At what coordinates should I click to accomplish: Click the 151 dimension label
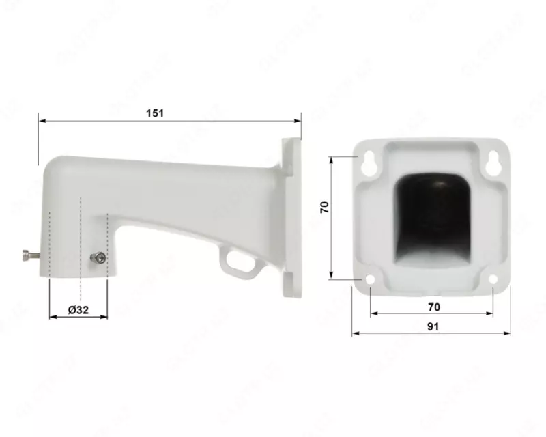(156, 113)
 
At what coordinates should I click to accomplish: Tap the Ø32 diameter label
(78, 309)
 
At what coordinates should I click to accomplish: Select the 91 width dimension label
(432, 326)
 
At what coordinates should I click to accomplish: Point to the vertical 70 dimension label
(326, 208)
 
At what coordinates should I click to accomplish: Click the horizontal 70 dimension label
(433, 307)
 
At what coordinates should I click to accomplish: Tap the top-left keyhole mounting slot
(369, 161)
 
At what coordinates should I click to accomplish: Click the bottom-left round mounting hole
(370, 279)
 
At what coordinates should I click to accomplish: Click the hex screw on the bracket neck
(98, 258)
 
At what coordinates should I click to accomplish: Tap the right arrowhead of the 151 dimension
(298, 121)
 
